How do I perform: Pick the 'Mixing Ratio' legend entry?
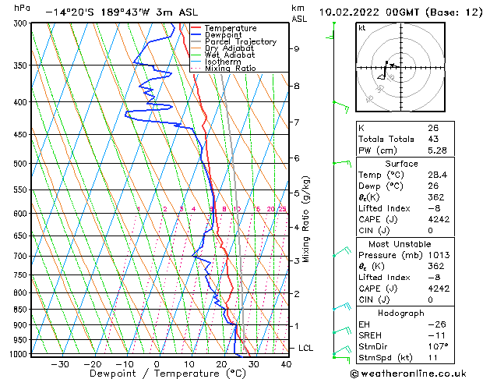point(230,69)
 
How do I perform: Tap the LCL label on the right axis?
point(305,348)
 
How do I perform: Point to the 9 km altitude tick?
point(297,48)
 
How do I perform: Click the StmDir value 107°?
point(438,346)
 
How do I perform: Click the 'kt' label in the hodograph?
point(361,28)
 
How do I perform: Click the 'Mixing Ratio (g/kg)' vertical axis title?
point(307,219)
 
